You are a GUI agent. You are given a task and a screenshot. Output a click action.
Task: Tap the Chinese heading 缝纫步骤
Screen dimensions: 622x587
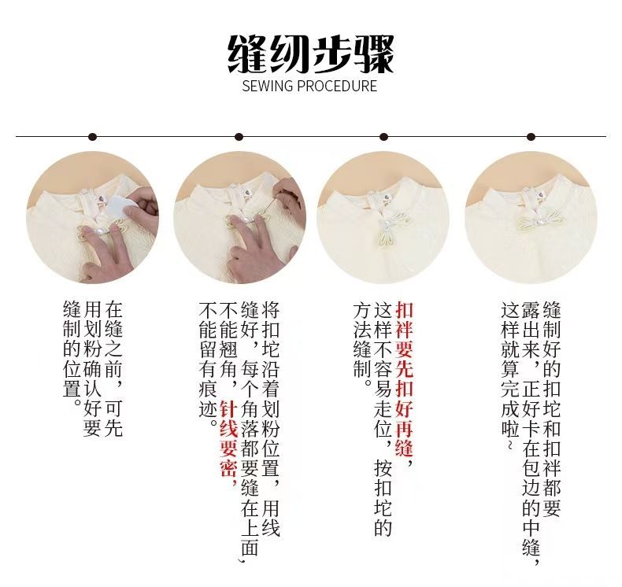(310, 54)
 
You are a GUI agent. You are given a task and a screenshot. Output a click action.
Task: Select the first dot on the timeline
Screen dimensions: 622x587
(92, 137)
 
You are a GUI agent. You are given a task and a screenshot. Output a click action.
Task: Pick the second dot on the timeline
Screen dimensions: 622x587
(239, 137)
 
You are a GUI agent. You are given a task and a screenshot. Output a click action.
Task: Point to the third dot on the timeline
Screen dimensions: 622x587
(383, 137)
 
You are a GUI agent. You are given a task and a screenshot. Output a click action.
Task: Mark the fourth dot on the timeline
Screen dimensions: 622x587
(531, 137)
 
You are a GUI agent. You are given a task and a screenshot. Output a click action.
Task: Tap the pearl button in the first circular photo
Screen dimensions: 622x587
(98, 229)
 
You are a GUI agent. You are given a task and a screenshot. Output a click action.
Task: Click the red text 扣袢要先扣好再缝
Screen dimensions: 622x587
(404, 380)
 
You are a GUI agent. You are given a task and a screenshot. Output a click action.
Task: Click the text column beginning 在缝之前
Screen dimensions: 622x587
(113, 368)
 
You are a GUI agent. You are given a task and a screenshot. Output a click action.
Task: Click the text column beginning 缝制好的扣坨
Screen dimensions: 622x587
(551, 409)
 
